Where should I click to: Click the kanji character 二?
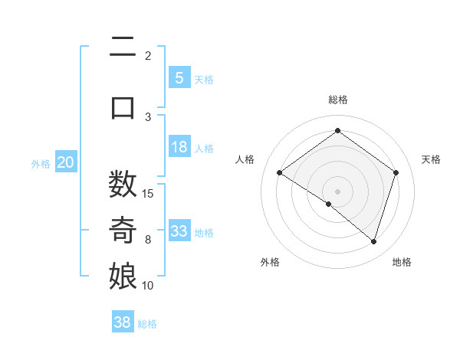(x=123, y=47)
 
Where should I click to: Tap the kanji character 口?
(x=123, y=106)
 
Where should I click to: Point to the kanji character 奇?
(x=123, y=230)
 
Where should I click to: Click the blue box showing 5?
(x=179, y=77)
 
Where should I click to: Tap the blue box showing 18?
(x=179, y=147)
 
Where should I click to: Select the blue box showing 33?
(x=179, y=231)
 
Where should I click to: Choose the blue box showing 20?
(x=66, y=162)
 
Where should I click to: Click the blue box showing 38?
(x=123, y=322)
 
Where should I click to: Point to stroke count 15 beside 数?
(x=148, y=193)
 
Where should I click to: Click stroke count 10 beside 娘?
(x=148, y=286)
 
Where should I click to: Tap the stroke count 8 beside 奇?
(x=148, y=240)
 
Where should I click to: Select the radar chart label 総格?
(x=337, y=100)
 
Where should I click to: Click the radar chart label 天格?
(x=431, y=159)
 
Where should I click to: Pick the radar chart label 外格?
(x=270, y=262)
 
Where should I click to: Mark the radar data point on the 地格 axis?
(x=373, y=241)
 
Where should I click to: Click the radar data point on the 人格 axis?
(x=279, y=173)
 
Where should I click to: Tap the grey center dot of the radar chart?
(x=337, y=191)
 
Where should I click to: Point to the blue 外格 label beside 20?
(x=40, y=163)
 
